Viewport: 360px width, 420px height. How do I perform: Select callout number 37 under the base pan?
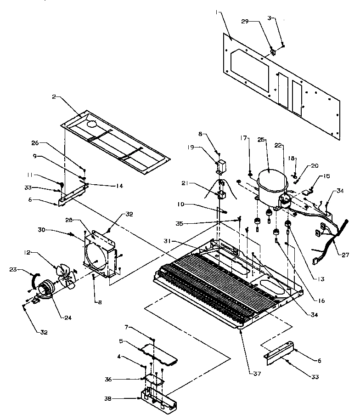257,374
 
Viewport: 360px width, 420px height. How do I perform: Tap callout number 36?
121,379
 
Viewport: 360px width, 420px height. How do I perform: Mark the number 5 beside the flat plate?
122,341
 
